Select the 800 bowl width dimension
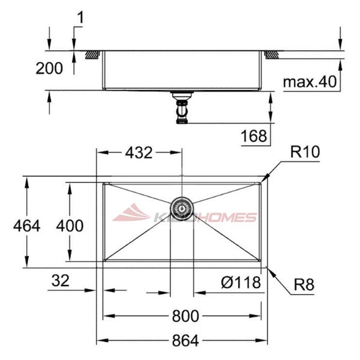[185, 316]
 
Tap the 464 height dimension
[26, 226]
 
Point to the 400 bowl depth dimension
[70, 226]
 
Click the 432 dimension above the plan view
[139, 152]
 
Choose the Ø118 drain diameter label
[241, 282]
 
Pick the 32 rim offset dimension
[60, 280]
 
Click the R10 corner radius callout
[305, 152]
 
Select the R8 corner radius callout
[304, 284]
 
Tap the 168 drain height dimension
[254, 136]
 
